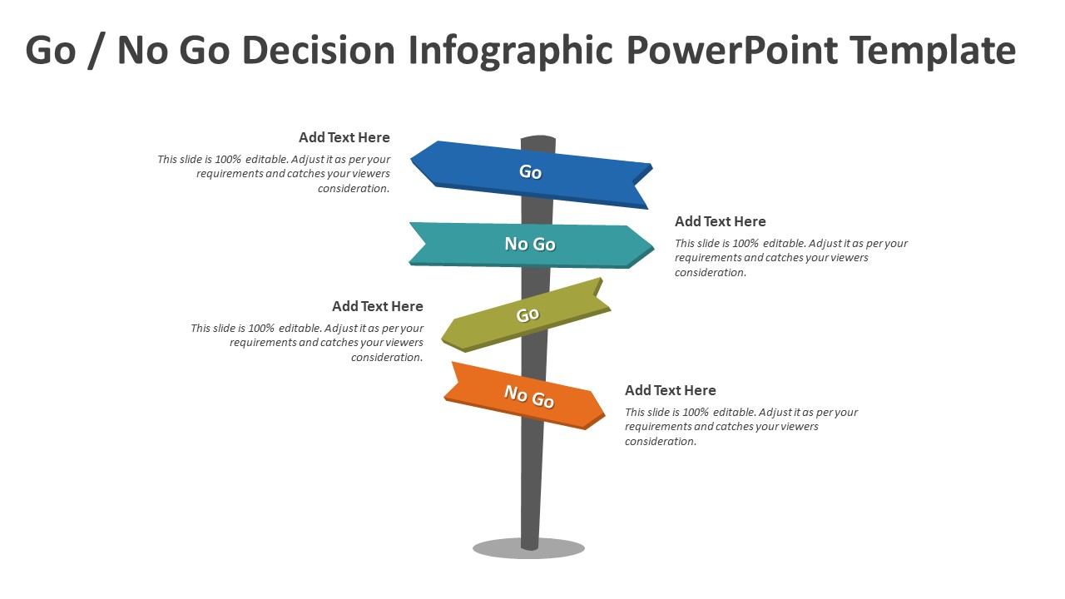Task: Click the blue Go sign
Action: (531, 174)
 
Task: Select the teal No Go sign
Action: (531, 245)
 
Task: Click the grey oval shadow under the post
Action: (528, 549)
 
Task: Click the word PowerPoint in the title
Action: (731, 51)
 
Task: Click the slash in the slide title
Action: (97, 52)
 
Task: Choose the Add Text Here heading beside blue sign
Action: (344, 137)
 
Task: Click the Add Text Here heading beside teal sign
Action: (721, 221)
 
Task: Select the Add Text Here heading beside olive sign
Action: (378, 306)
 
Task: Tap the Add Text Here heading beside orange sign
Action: (671, 390)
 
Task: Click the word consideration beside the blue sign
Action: (354, 189)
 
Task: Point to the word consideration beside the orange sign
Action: (661, 442)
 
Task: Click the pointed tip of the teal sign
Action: (654, 248)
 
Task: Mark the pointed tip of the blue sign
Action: (411, 161)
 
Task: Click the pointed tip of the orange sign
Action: (605, 414)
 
